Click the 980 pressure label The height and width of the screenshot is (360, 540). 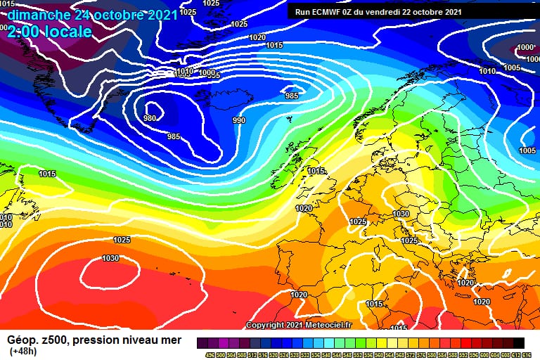click(150, 118)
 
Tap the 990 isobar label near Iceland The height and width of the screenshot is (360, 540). click(239, 121)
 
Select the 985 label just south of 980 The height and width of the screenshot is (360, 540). click(174, 136)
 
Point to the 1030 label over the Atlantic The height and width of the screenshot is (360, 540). click(110, 258)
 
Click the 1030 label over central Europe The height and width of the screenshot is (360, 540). click(401, 214)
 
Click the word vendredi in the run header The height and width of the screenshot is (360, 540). click(391, 12)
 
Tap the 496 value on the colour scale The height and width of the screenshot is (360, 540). click(210, 355)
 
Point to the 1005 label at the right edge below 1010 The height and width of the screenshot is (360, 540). click(512, 67)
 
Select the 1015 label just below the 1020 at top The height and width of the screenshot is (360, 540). click(274, 45)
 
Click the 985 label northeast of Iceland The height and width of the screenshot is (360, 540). click(291, 96)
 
